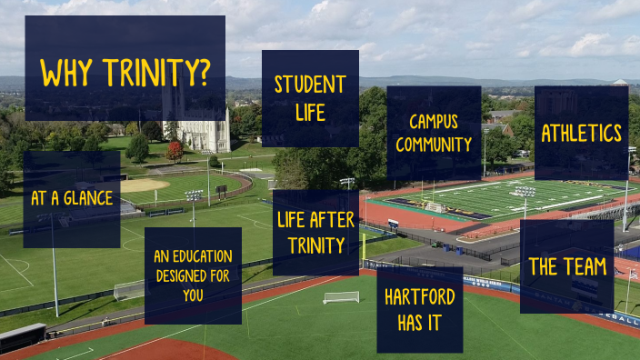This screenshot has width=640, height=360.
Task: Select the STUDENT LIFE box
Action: pos(310,98)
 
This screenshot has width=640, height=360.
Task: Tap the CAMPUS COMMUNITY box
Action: pos(434,133)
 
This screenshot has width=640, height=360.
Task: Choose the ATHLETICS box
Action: pos(581,133)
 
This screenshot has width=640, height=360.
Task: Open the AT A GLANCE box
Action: pos(72,198)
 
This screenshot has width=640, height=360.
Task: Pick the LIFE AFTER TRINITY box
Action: pos(315,232)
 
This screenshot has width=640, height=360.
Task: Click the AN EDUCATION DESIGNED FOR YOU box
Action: pos(193,275)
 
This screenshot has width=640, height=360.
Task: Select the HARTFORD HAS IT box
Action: pos(419,309)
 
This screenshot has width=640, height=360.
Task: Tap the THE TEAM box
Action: pos(566,267)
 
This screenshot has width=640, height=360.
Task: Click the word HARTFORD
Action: pos(419,297)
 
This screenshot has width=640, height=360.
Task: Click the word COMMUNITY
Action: pos(434,145)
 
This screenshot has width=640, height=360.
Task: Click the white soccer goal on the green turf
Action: pos(341,296)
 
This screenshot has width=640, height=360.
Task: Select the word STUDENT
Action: pos(310,85)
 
